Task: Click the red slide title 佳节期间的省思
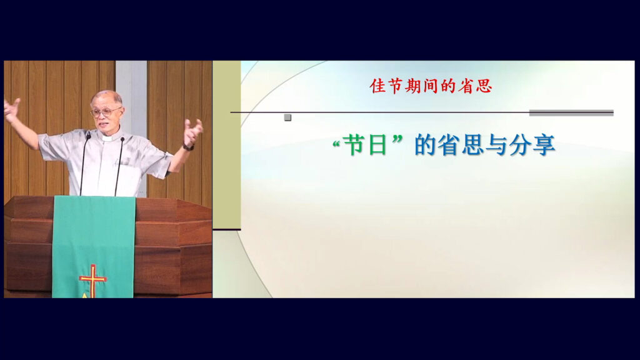pyautogui.click(x=431, y=86)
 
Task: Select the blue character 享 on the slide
pyautogui.click(x=544, y=145)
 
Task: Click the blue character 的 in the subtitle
pyautogui.click(x=426, y=145)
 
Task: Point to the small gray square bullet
pyautogui.click(x=287, y=117)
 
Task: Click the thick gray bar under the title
pyautogui.click(x=571, y=113)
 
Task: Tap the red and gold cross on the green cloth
pyautogui.click(x=93, y=280)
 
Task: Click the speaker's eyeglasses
pyautogui.click(x=106, y=112)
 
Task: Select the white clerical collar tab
pyautogui.click(x=107, y=139)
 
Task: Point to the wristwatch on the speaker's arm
pyautogui.click(x=187, y=147)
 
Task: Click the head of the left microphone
pyautogui.click(x=88, y=135)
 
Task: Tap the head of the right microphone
pyautogui.click(x=122, y=139)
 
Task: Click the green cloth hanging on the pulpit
pyautogui.click(x=94, y=247)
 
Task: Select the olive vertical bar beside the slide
pyautogui.click(x=226, y=145)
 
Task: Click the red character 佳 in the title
pyautogui.click(x=377, y=86)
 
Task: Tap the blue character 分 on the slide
pyautogui.click(x=521, y=145)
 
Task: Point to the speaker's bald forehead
pyautogui.click(x=104, y=99)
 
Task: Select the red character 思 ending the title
pyautogui.click(x=484, y=86)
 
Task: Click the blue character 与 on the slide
pyautogui.click(x=497, y=145)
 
